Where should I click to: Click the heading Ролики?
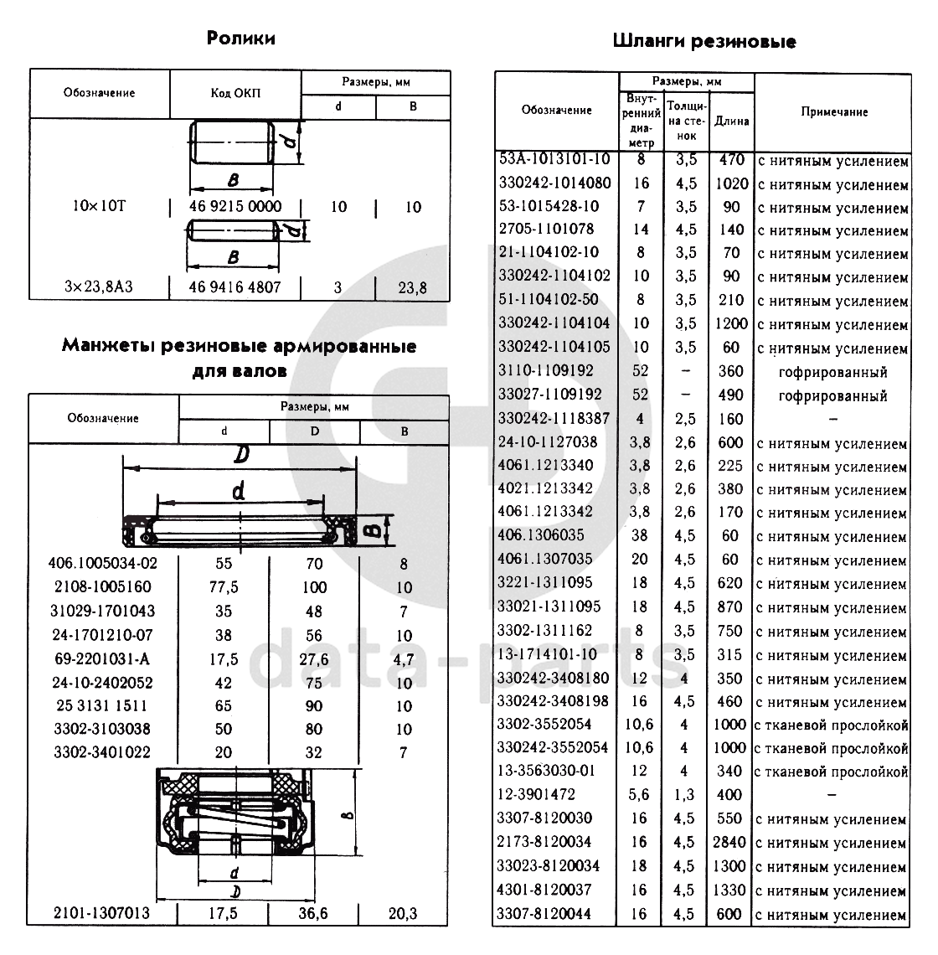(x=240, y=39)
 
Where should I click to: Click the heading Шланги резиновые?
(x=703, y=41)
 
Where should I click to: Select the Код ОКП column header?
(x=235, y=93)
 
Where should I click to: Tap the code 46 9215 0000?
(x=234, y=207)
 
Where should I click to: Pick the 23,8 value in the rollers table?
(x=412, y=288)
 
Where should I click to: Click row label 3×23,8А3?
(x=100, y=287)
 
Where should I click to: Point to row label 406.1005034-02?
(x=104, y=564)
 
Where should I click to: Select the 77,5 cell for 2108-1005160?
(x=223, y=587)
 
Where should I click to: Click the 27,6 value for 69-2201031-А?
(x=314, y=659)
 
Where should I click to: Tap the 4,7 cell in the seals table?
(x=404, y=659)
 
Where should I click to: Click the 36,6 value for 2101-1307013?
(x=314, y=913)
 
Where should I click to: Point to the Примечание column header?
(x=833, y=111)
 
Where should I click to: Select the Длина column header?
(x=731, y=121)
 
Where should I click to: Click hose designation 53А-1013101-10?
(x=554, y=159)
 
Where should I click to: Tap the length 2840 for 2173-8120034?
(x=731, y=843)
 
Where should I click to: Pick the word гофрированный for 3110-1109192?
(x=832, y=371)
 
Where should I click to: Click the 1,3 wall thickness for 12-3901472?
(x=684, y=794)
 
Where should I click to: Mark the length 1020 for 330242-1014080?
(x=731, y=184)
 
